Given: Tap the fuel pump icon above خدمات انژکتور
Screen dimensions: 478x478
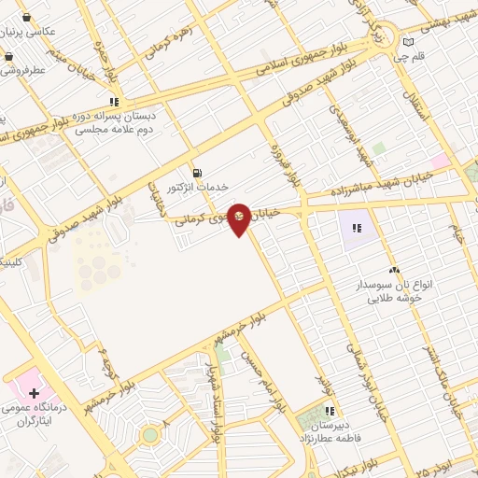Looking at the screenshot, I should (x=196, y=172).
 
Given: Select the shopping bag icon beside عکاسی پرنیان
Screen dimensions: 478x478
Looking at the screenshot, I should (x=26, y=17).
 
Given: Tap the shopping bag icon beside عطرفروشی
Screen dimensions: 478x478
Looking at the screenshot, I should (x=8, y=57).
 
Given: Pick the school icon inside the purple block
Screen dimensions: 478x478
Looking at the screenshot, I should (x=357, y=227).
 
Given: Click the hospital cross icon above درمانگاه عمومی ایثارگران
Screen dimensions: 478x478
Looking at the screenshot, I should (x=34, y=393).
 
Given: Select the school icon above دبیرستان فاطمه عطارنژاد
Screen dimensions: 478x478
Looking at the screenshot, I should (x=329, y=410).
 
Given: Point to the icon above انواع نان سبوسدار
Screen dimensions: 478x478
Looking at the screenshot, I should (x=393, y=270).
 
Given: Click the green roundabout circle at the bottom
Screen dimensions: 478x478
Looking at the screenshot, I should (x=149, y=434).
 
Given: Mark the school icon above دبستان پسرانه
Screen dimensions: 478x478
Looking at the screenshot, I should (x=114, y=102).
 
